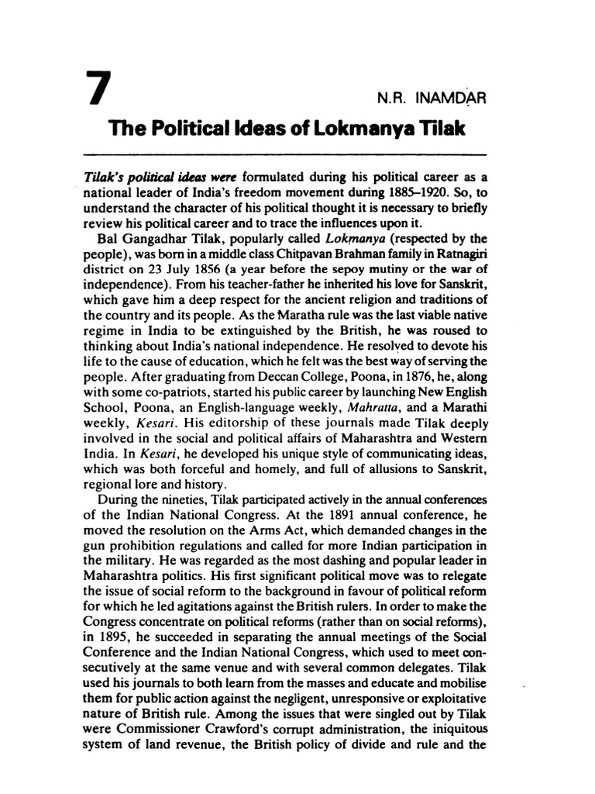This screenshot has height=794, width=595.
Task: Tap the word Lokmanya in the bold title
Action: pyautogui.click(x=349, y=129)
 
